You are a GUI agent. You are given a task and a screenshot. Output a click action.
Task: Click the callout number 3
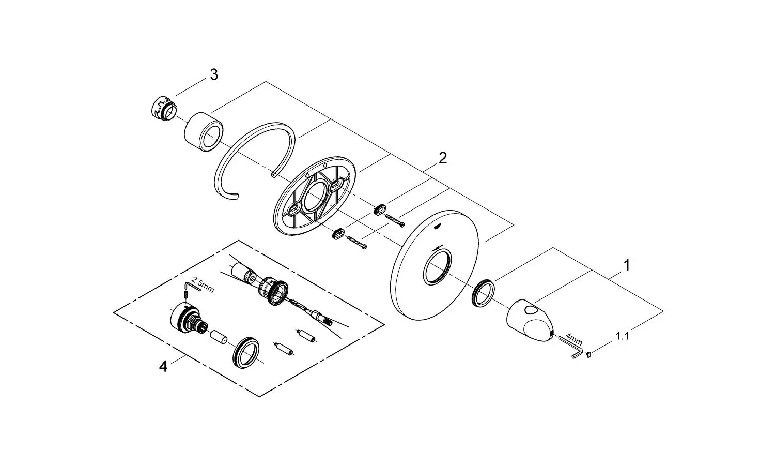click(x=213, y=75)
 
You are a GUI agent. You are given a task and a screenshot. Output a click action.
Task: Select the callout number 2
click(x=442, y=158)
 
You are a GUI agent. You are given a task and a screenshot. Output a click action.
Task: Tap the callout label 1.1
click(x=622, y=336)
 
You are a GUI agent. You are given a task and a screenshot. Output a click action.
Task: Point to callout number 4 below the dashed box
click(x=163, y=367)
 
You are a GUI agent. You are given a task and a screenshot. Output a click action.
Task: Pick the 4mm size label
click(x=574, y=340)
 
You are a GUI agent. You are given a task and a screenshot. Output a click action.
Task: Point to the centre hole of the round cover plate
click(x=438, y=266)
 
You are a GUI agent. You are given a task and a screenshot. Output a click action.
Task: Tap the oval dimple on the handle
click(x=530, y=311)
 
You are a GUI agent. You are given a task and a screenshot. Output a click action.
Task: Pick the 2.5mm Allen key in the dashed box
click(x=189, y=286)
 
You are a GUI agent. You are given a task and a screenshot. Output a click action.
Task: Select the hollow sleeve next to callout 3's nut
click(x=204, y=131)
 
